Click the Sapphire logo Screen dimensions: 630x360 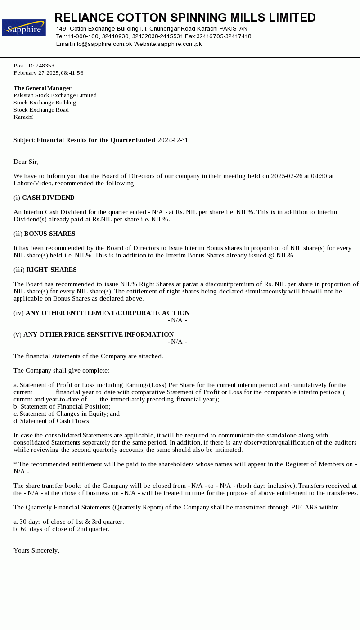coord(24,28)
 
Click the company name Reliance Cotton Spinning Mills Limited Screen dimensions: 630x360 coord(185,18)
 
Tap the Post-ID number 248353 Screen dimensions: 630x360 coord(45,66)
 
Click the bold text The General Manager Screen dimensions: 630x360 coord(43,88)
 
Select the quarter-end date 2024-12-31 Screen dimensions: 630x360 coord(173,140)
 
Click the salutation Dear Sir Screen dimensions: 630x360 coord(26,162)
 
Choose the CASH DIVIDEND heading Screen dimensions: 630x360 coord(48,198)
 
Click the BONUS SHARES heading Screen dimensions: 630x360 coord(49,234)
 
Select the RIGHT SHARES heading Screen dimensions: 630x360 coord(51,270)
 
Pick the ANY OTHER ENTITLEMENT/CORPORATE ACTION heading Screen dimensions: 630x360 coord(108,313)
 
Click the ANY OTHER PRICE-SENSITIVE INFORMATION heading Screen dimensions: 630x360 coord(99,334)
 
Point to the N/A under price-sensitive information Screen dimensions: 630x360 coord(177,342)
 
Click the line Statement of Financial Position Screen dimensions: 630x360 coord(65,406)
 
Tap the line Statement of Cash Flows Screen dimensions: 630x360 coord(55,421)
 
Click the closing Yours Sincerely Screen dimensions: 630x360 coord(36,550)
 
